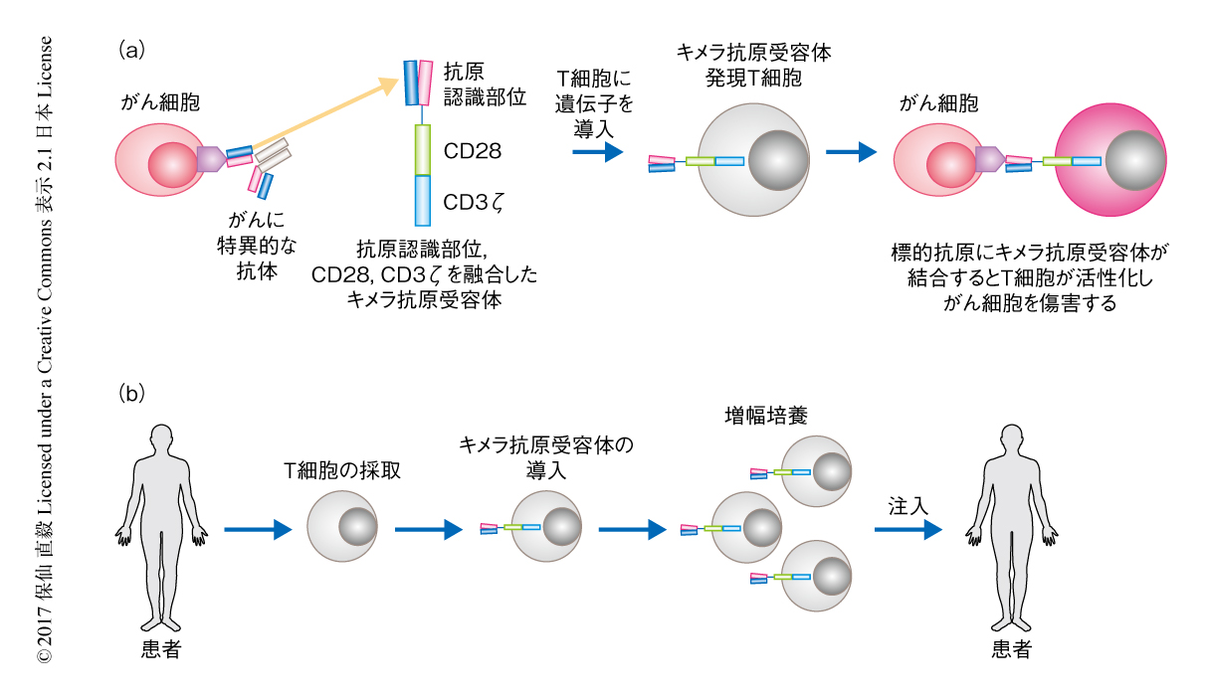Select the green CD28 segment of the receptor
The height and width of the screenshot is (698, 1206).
(x=422, y=150)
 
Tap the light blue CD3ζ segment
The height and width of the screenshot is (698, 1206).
(x=422, y=201)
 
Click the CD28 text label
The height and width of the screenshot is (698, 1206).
(x=472, y=151)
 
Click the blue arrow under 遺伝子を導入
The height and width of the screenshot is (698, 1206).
(x=598, y=152)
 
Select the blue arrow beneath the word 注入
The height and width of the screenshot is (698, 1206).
(x=907, y=530)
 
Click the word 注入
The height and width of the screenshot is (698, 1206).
(x=907, y=506)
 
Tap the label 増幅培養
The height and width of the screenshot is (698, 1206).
(x=764, y=416)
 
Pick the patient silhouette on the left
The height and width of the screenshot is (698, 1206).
(x=160, y=527)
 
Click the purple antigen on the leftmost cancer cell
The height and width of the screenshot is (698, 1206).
(x=211, y=157)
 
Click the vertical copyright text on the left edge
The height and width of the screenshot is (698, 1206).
(x=45, y=349)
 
